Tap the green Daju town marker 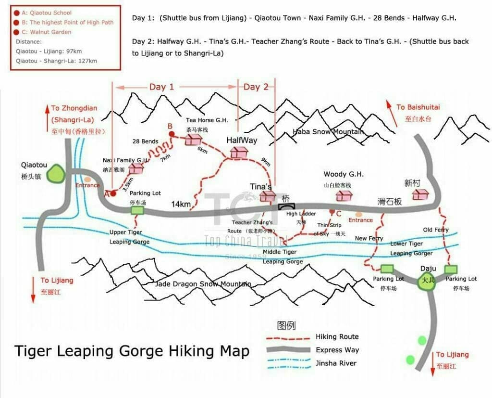[x=427, y=282]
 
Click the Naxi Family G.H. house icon [x=136, y=168]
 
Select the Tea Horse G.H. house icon [x=194, y=139]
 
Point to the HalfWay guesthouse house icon [x=238, y=153]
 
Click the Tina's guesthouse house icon [x=267, y=195]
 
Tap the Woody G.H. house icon [x=344, y=195]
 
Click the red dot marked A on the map [x=113, y=193]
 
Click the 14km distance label [x=181, y=205]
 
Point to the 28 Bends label [x=146, y=141]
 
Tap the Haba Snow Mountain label [x=328, y=132]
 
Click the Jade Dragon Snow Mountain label [x=203, y=284]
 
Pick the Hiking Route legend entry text [x=337, y=337]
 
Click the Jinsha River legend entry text [x=336, y=363]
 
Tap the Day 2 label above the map [x=256, y=87]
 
